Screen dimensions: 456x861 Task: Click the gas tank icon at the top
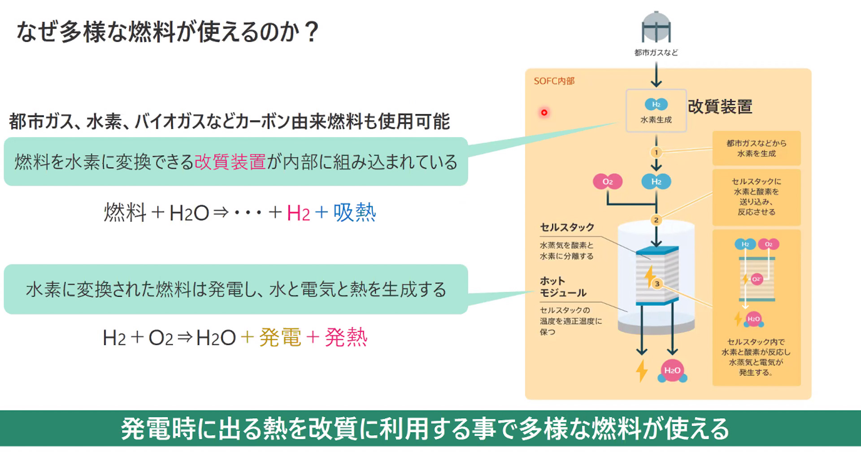pos(656,28)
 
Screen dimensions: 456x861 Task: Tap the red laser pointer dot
pos(544,113)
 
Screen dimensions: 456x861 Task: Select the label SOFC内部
pos(554,81)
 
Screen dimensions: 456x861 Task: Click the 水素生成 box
pos(656,111)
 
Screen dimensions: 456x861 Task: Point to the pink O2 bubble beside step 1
pos(607,182)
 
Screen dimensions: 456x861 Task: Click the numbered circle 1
pos(656,152)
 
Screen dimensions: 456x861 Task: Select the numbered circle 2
pos(656,220)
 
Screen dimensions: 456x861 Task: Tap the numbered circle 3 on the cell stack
pos(657,284)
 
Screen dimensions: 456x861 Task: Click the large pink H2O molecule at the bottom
pos(672,371)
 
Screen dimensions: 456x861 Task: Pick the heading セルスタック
pos(567,227)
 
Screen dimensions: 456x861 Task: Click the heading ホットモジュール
pos(563,287)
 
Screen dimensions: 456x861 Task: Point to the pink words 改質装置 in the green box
pos(230,162)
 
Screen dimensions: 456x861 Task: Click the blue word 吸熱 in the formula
pos(354,213)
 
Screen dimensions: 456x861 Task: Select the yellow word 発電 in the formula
pos(280,338)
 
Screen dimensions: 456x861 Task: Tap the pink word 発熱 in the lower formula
pos(346,338)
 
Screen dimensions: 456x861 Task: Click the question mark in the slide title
pos(311,32)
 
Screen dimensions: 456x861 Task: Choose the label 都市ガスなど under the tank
pos(656,53)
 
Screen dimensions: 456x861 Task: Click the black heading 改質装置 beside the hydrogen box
pos(720,107)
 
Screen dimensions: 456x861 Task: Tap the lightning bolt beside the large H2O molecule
pos(642,371)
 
